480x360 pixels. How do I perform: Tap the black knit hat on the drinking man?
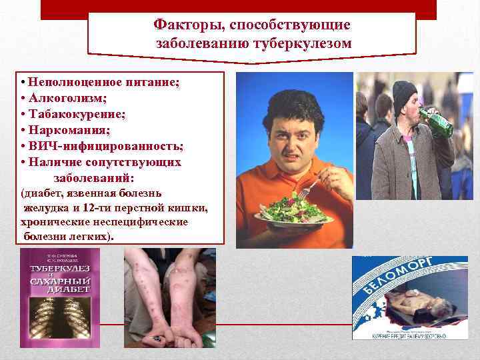coord(403,94)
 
